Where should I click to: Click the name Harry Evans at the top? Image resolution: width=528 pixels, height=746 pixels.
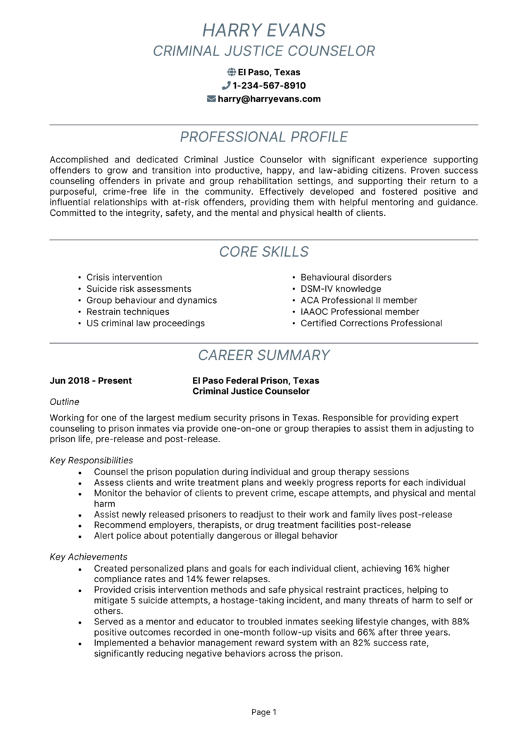pyautogui.click(x=264, y=30)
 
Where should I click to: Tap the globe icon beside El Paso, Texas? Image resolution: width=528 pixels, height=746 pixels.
pyautogui.click(x=232, y=72)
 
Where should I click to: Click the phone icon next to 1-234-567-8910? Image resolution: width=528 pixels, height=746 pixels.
pyautogui.click(x=226, y=86)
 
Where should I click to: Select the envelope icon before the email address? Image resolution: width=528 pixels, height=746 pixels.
pyautogui.click(x=211, y=99)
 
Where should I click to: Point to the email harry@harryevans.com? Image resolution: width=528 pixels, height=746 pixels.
pyautogui.click(x=269, y=99)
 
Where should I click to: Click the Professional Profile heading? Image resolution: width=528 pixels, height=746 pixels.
pyautogui.click(x=264, y=136)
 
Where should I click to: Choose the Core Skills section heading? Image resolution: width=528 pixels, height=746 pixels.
pyautogui.click(x=264, y=252)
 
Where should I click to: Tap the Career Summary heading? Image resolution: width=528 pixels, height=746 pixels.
pyautogui.click(x=264, y=355)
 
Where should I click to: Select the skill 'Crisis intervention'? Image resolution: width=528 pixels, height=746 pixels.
pyautogui.click(x=124, y=277)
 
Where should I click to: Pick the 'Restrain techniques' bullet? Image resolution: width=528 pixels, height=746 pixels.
pyautogui.click(x=127, y=311)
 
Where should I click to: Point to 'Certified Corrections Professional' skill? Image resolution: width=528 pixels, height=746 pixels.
pyautogui.click(x=371, y=323)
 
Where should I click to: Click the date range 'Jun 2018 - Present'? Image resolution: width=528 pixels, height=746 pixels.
pyautogui.click(x=91, y=381)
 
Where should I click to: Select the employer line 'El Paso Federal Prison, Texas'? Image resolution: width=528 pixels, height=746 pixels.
pyautogui.click(x=256, y=381)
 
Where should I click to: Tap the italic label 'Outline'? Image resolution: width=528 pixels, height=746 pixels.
pyautogui.click(x=65, y=402)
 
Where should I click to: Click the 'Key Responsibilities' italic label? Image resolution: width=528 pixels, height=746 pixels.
pyautogui.click(x=92, y=461)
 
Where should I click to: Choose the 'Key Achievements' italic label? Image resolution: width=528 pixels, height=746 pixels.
pyautogui.click(x=89, y=557)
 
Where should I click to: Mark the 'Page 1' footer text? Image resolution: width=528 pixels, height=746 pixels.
pyautogui.click(x=264, y=712)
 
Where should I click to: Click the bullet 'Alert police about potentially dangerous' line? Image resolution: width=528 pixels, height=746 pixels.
pyautogui.click(x=215, y=536)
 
